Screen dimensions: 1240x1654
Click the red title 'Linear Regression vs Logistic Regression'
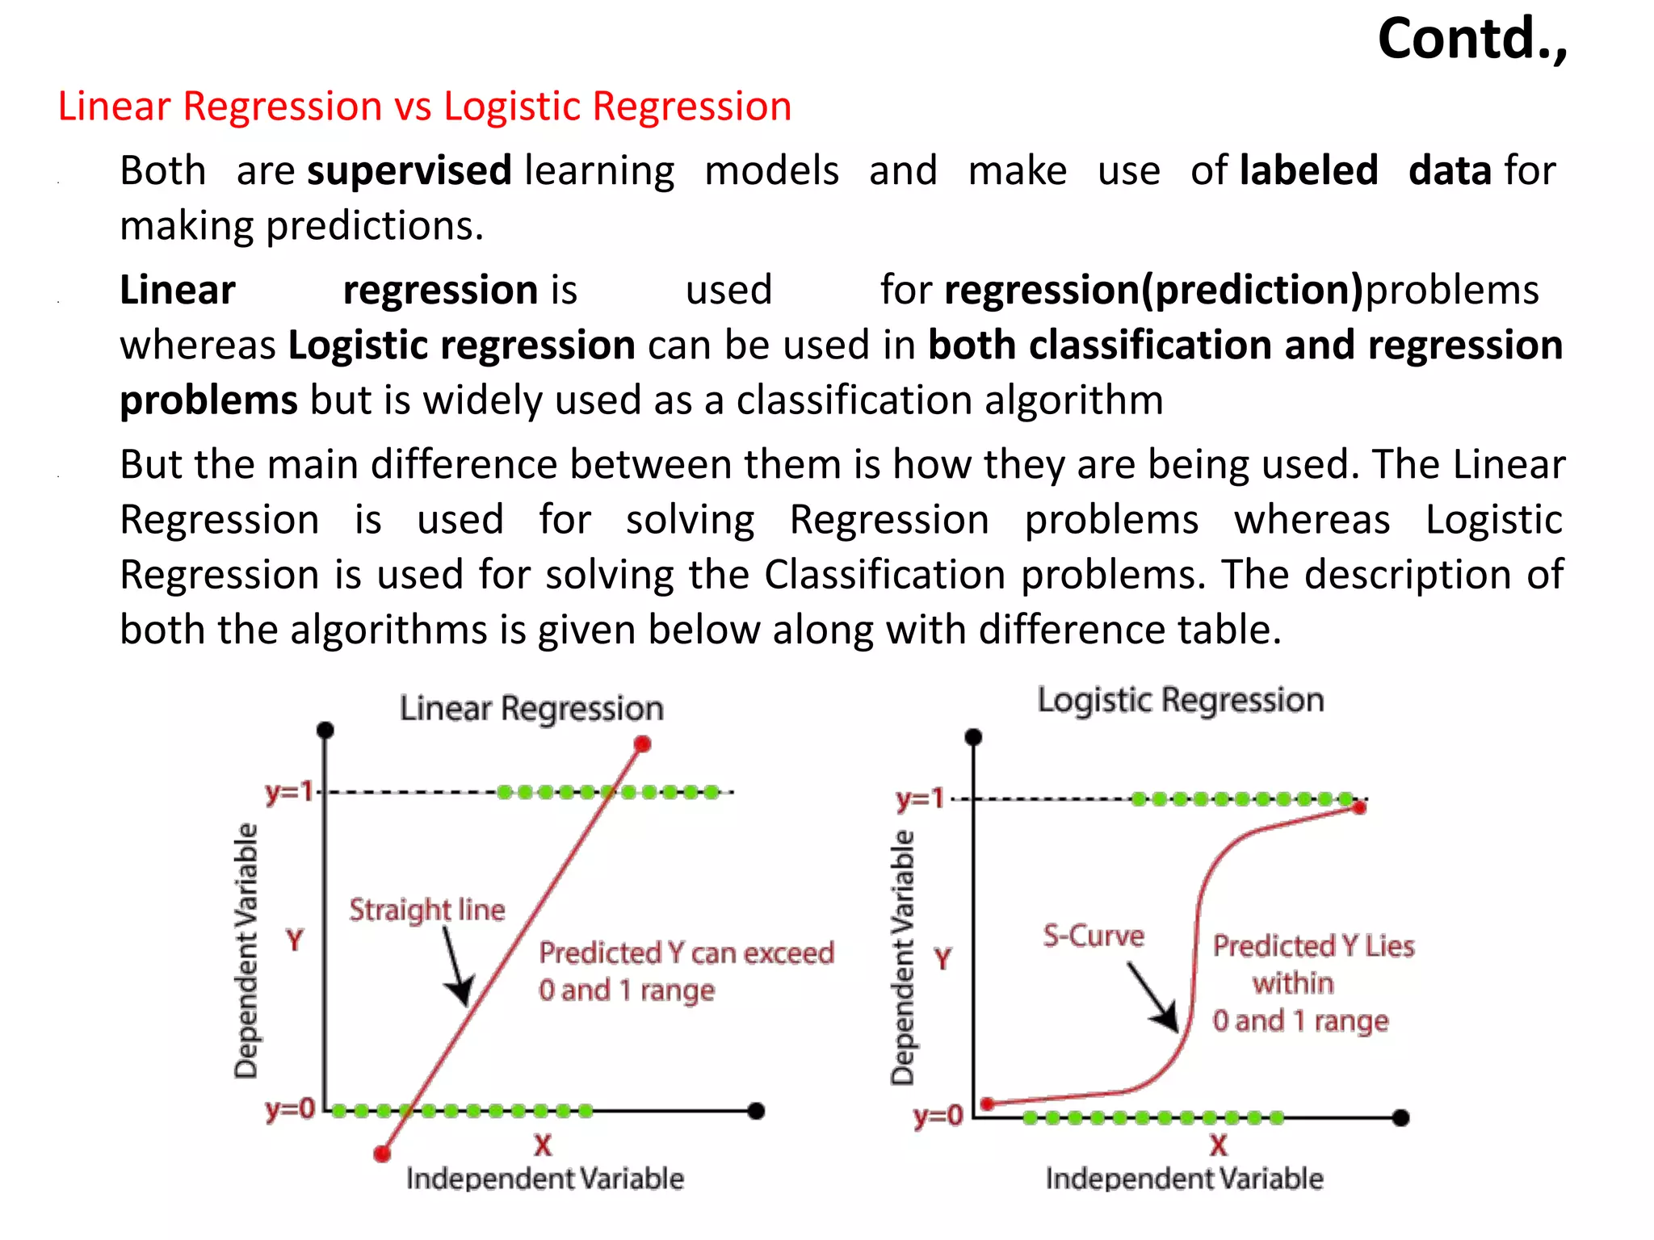coord(425,107)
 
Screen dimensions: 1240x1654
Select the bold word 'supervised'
coord(409,171)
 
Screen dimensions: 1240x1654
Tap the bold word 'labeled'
coord(1308,171)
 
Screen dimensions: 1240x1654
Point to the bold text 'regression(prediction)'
coord(1154,290)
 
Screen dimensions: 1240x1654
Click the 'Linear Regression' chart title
coord(531,709)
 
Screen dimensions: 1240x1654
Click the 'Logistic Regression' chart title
coord(1180,700)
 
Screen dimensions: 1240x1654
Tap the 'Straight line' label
coord(427,910)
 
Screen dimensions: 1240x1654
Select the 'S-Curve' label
coord(1094,936)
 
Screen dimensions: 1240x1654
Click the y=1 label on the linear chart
coord(289,792)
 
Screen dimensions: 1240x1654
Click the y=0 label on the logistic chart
coord(938,1116)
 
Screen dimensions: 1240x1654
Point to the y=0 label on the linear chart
coord(289,1110)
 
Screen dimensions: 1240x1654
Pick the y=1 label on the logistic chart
coord(920,799)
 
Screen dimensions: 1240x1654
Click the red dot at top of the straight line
coord(642,744)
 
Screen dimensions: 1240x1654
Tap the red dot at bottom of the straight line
coord(382,1154)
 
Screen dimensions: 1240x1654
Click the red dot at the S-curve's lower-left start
coord(987,1104)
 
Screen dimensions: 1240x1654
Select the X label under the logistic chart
coord(1218,1146)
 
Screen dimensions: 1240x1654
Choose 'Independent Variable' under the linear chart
coord(545,1179)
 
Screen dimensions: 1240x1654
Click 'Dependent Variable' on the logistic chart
coord(903,957)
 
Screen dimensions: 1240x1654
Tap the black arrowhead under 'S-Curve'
coord(1168,1019)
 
